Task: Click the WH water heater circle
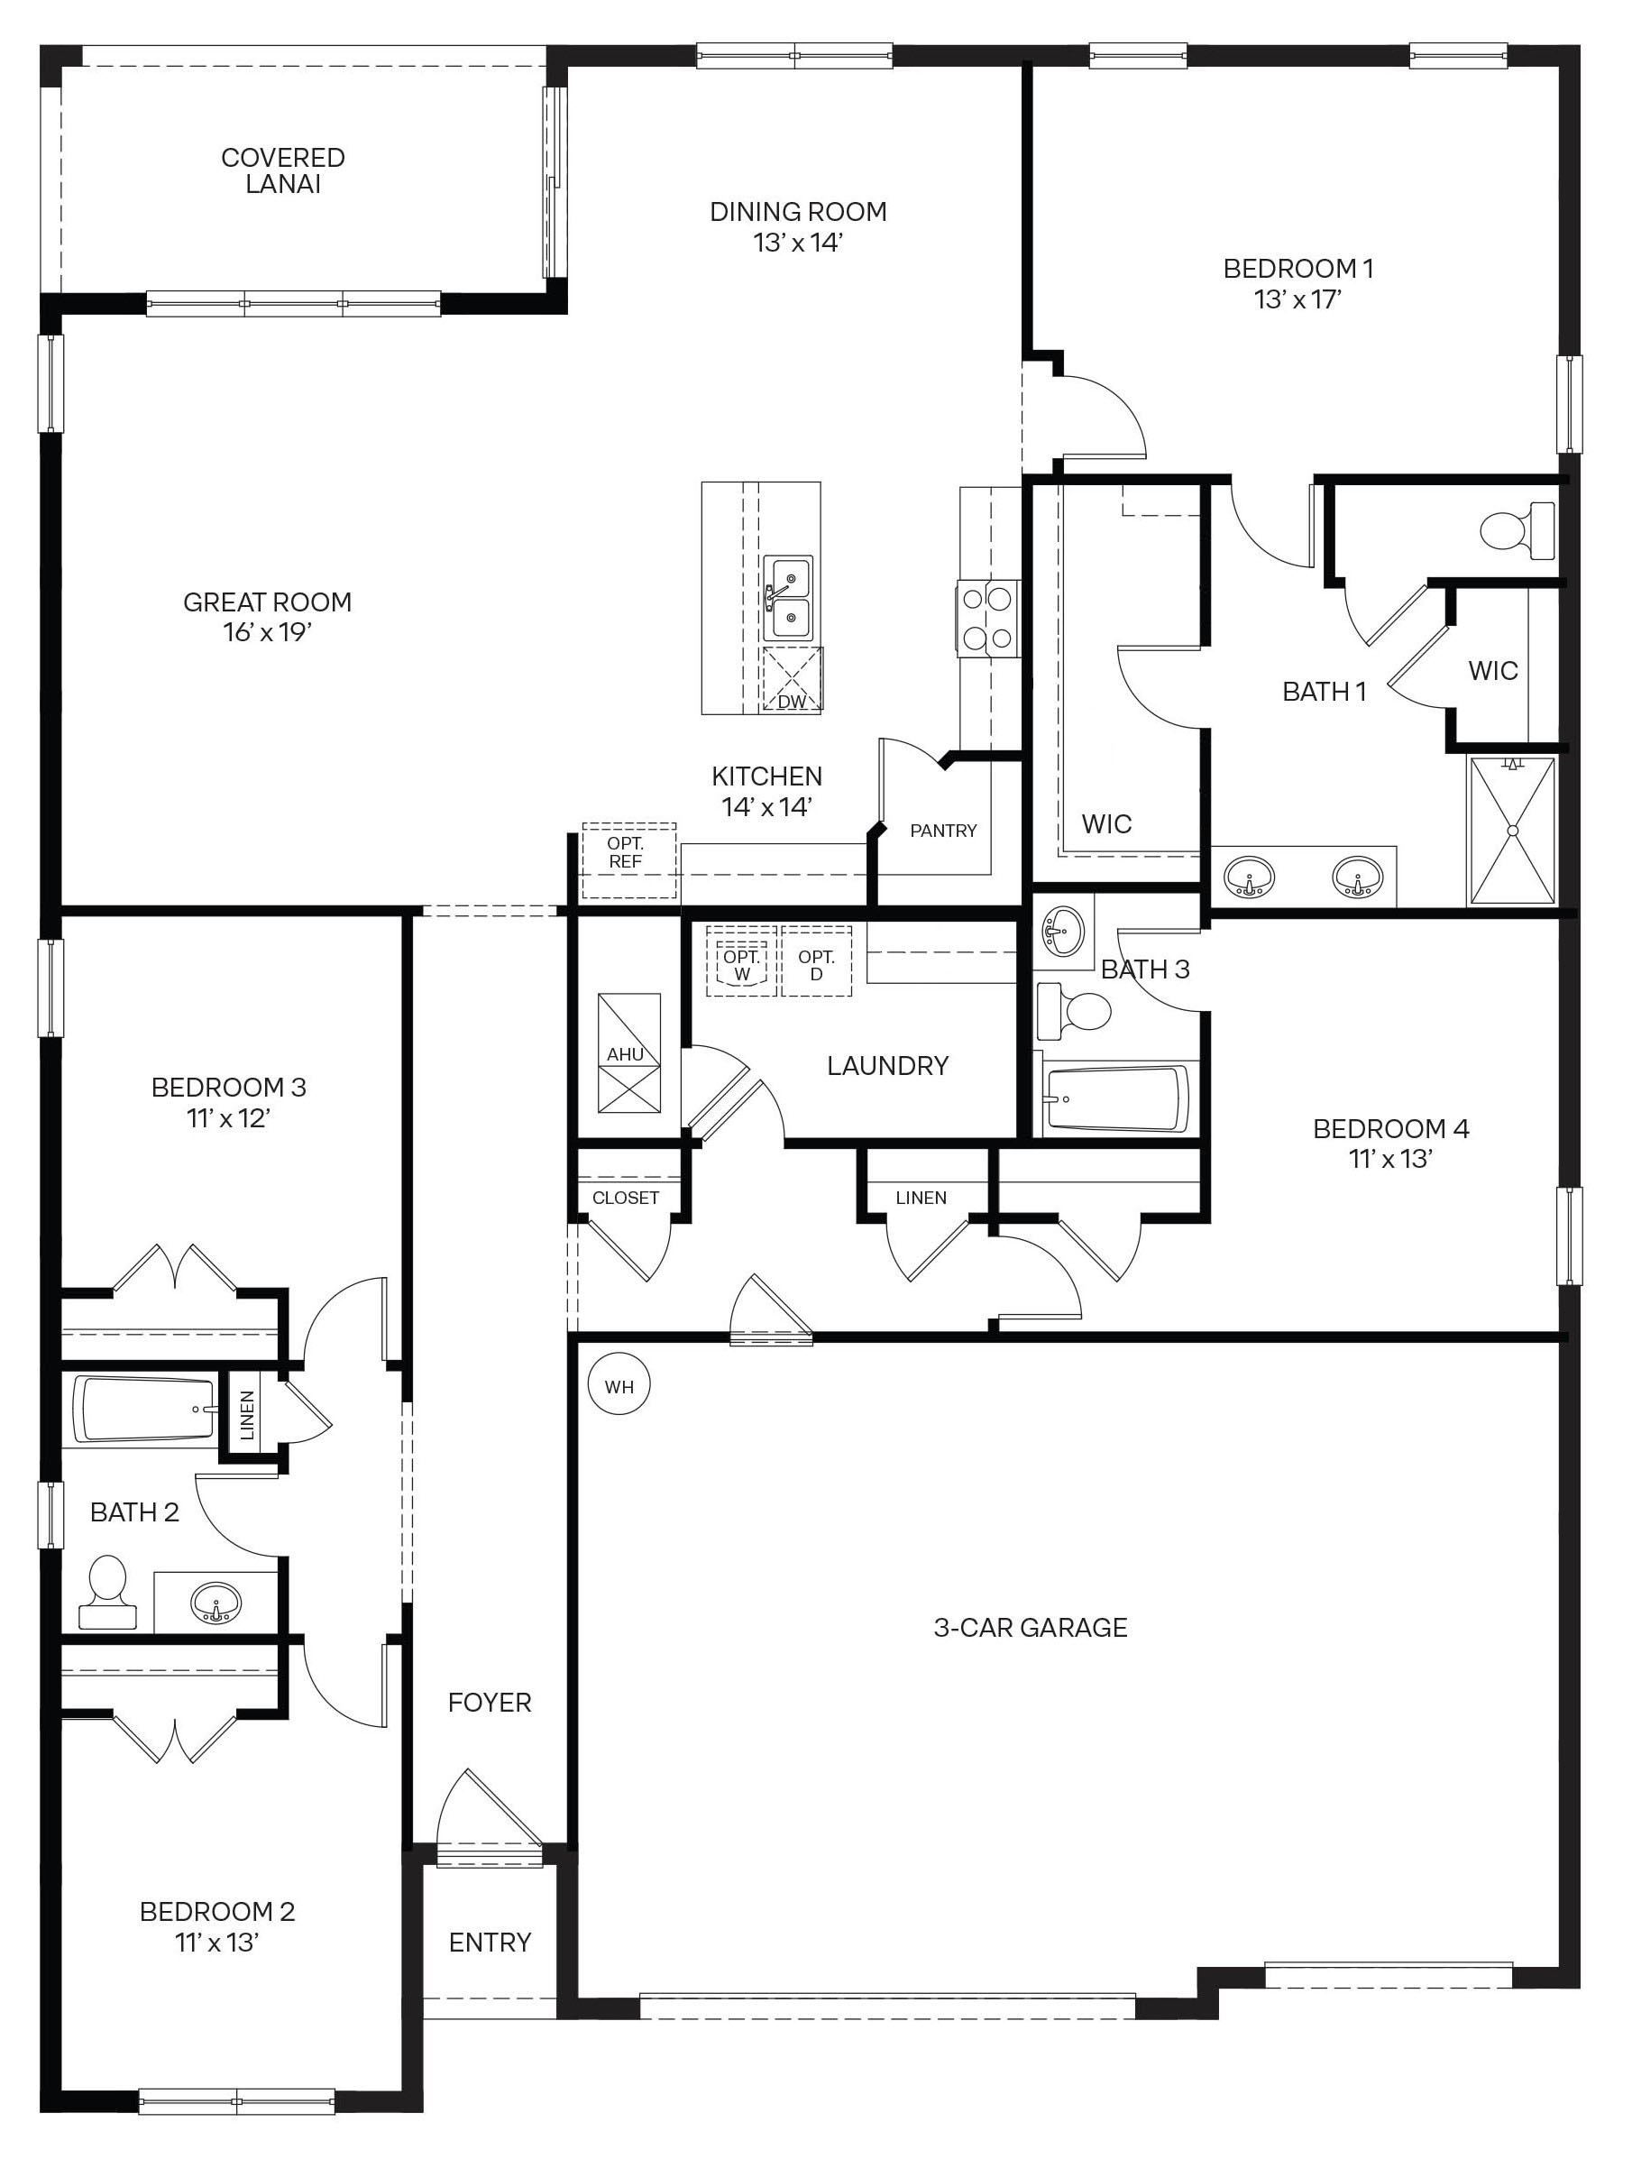[619, 1387]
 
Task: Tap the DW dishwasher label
[792, 702]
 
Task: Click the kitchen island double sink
[787, 598]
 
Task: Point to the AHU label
[625, 1054]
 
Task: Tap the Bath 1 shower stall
[1512, 831]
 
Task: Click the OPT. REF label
[626, 853]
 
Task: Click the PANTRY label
[943, 831]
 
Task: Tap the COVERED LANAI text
[283, 170]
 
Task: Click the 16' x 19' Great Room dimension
[268, 632]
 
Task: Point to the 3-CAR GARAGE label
[1031, 1627]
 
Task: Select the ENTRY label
[490, 1943]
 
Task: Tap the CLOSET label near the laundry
[626, 1198]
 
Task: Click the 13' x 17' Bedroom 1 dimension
[1298, 299]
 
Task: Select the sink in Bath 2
[215, 1603]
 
